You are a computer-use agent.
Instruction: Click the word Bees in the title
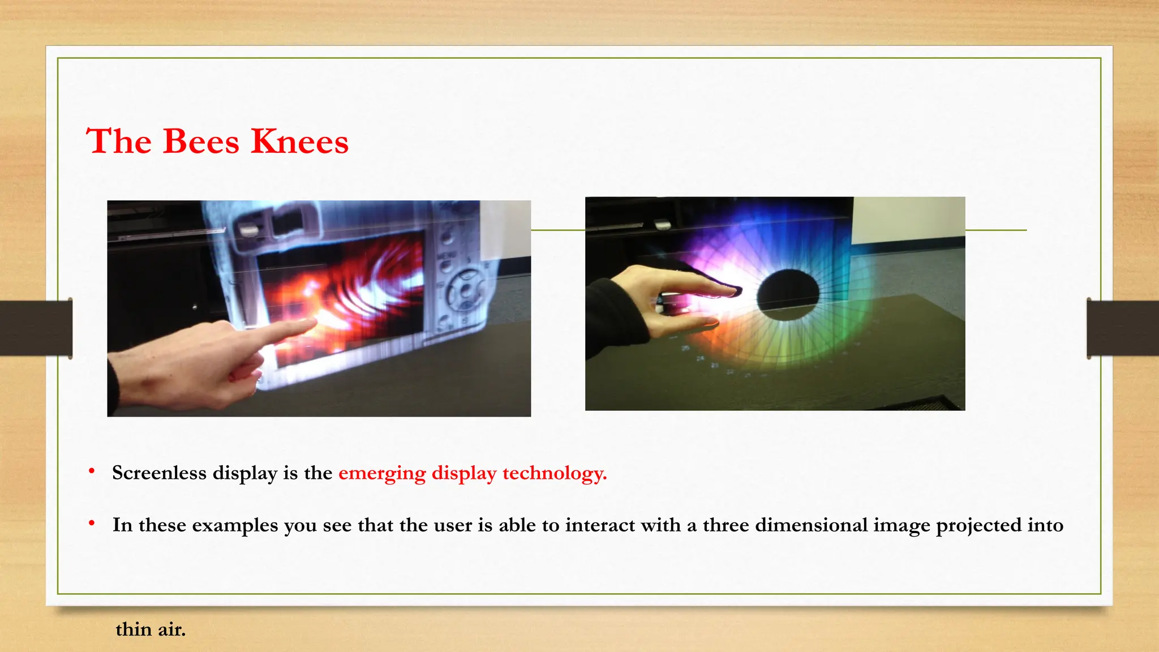pyautogui.click(x=201, y=141)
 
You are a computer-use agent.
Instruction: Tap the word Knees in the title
pyautogui.click(x=299, y=141)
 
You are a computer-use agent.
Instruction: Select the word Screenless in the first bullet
pyautogui.click(x=159, y=473)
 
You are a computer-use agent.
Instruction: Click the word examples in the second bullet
pyautogui.click(x=235, y=525)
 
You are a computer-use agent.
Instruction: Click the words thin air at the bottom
pyautogui.click(x=151, y=629)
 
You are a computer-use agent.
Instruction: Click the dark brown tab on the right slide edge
pyautogui.click(x=1123, y=328)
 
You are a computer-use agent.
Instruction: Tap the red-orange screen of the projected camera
pyautogui.click(x=345, y=294)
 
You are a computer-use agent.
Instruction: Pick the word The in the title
pyautogui.click(x=119, y=141)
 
